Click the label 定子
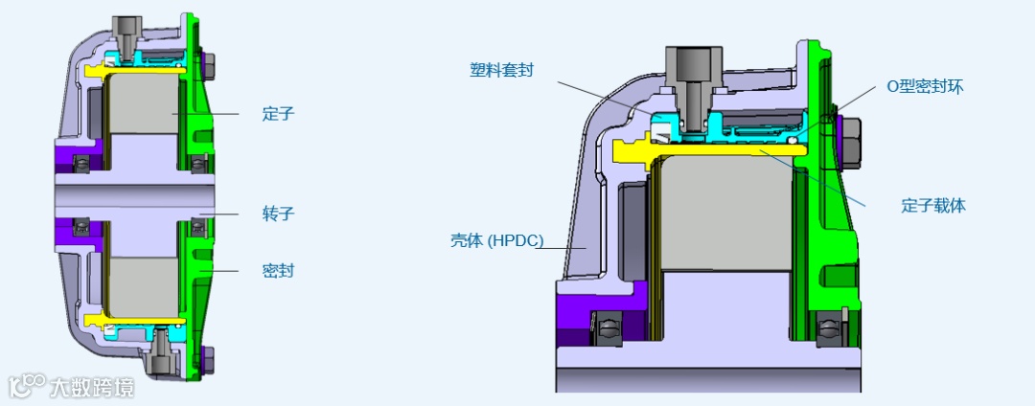[278, 114]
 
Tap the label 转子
[278, 213]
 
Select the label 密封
[278, 271]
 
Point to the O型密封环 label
[924, 86]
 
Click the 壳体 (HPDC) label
[496, 240]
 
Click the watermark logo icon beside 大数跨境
[27, 385]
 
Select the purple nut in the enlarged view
[851, 141]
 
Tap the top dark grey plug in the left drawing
[126, 28]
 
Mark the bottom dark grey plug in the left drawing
[157, 361]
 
